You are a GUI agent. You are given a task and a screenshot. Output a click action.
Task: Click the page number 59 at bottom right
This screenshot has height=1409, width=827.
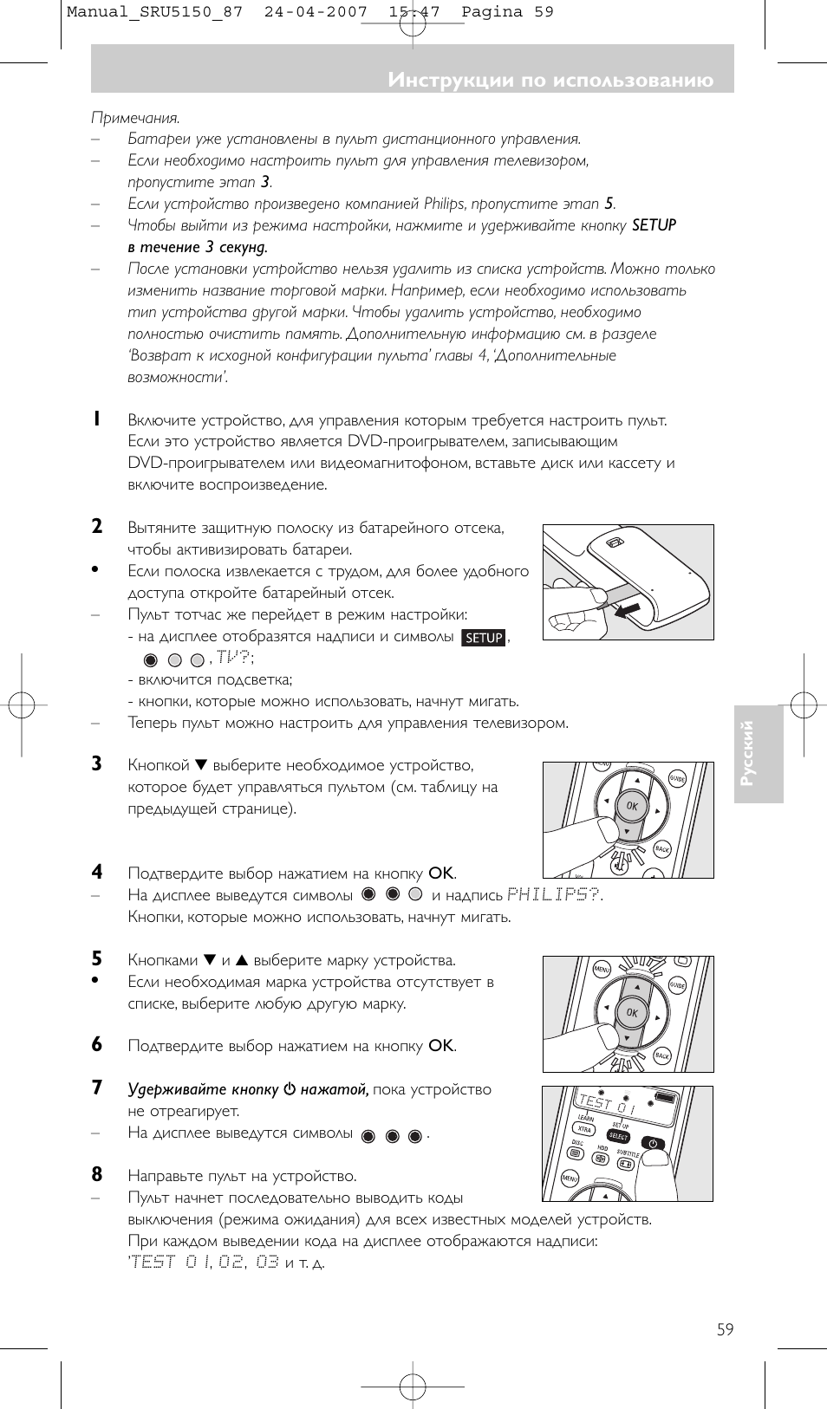pos(725,1329)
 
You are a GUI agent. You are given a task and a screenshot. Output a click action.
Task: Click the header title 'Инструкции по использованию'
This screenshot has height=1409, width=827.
pos(550,81)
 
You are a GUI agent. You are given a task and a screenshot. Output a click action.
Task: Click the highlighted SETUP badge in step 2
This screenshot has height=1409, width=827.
pos(484,638)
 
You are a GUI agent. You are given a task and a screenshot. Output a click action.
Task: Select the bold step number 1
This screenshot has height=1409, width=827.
pos(97,419)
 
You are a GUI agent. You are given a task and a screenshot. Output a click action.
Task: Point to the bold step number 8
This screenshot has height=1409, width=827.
pos(97,1175)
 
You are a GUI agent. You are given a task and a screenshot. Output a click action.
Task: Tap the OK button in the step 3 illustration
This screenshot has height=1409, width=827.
pos(631,806)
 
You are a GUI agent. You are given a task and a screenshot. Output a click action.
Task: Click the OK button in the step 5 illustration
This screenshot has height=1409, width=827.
pos(631,1012)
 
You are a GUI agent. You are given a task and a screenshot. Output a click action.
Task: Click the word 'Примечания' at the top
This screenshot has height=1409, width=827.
pos(135,118)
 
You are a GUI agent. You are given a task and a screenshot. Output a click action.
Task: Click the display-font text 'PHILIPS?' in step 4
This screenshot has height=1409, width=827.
pos(555,894)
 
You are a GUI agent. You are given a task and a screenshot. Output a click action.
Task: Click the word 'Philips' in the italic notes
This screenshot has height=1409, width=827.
pos(445,204)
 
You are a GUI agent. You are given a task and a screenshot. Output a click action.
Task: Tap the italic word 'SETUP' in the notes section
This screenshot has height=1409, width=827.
pos(654,225)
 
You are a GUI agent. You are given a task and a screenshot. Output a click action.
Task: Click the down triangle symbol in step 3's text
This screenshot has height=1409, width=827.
pos(201,765)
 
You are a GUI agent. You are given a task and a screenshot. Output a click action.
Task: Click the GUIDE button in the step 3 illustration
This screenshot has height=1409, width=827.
pos(677,779)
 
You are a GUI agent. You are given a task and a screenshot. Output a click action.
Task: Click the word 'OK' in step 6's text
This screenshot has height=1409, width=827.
pos(440,1046)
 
